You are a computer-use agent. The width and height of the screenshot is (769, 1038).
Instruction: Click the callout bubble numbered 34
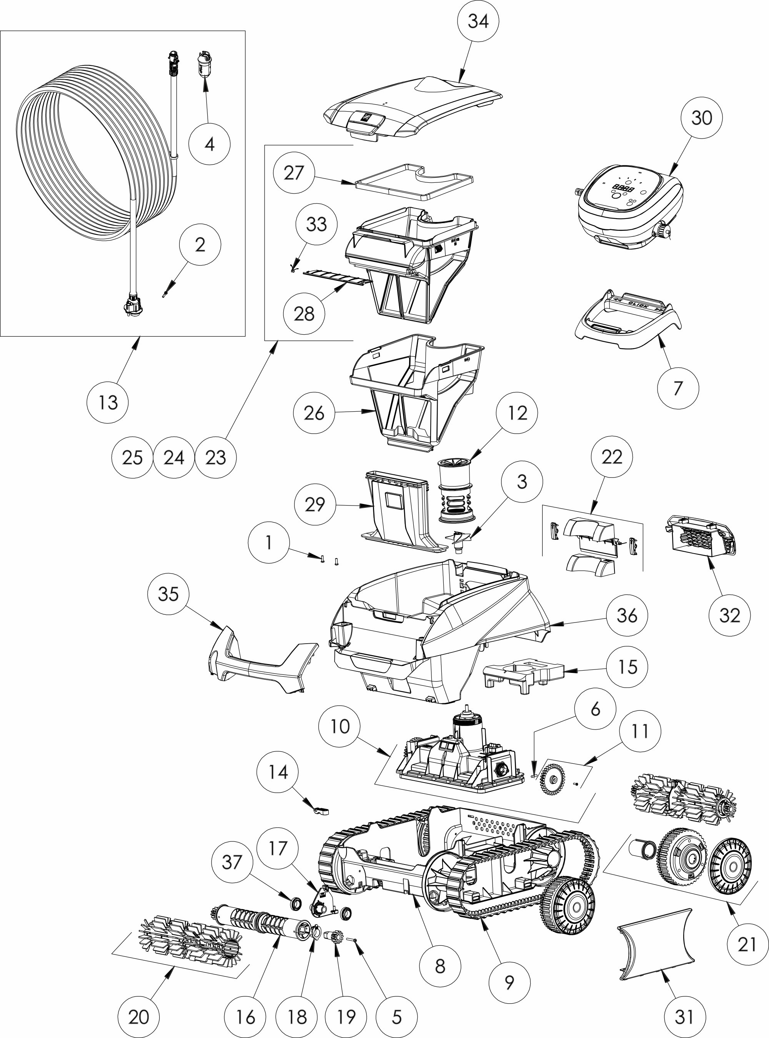(478, 21)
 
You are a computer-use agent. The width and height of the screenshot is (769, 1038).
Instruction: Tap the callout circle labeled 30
(701, 118)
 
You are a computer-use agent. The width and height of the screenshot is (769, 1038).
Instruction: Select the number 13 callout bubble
(108, 402)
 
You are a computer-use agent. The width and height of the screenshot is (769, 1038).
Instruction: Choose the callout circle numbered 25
(132, 457)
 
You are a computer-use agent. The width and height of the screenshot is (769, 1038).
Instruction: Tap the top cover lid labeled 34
(414, 107)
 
